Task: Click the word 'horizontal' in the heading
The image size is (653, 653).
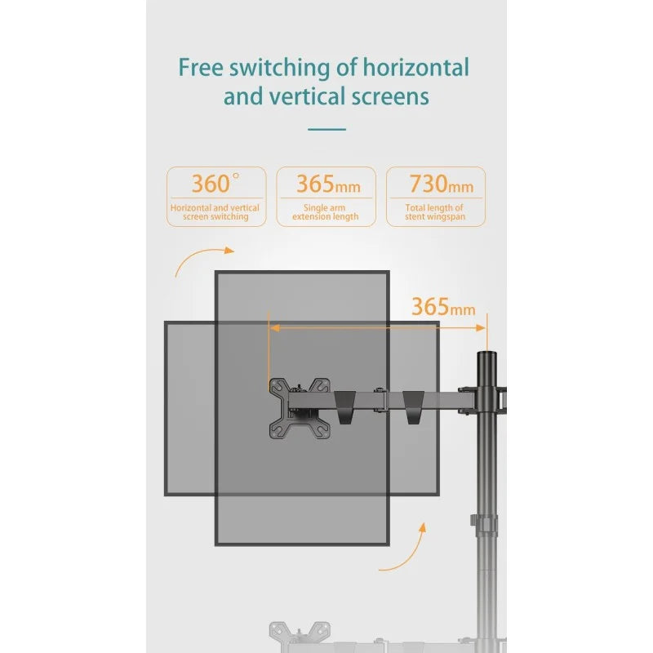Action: click(x=415, y=67)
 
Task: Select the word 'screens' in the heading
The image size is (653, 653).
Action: click(x=390, y=97)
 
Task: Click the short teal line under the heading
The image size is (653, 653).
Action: click(x=327, y=129)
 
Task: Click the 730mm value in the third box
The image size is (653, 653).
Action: click(x=441, y=184)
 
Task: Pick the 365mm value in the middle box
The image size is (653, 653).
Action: click(x=328, y=184)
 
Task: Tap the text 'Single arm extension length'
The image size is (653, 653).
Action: click(x=325, y=212)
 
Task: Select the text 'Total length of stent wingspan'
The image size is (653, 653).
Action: click(x=435, y=212)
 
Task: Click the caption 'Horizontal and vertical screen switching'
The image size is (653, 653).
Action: click(x=215, y=212)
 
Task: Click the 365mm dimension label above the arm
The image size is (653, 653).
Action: click(x=443, y=307)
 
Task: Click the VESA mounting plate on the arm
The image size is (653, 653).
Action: click(x=300, y=407)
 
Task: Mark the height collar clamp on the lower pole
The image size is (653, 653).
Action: click(x=483, y=526)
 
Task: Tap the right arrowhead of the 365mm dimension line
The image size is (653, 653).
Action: click(x=481, y=328)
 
